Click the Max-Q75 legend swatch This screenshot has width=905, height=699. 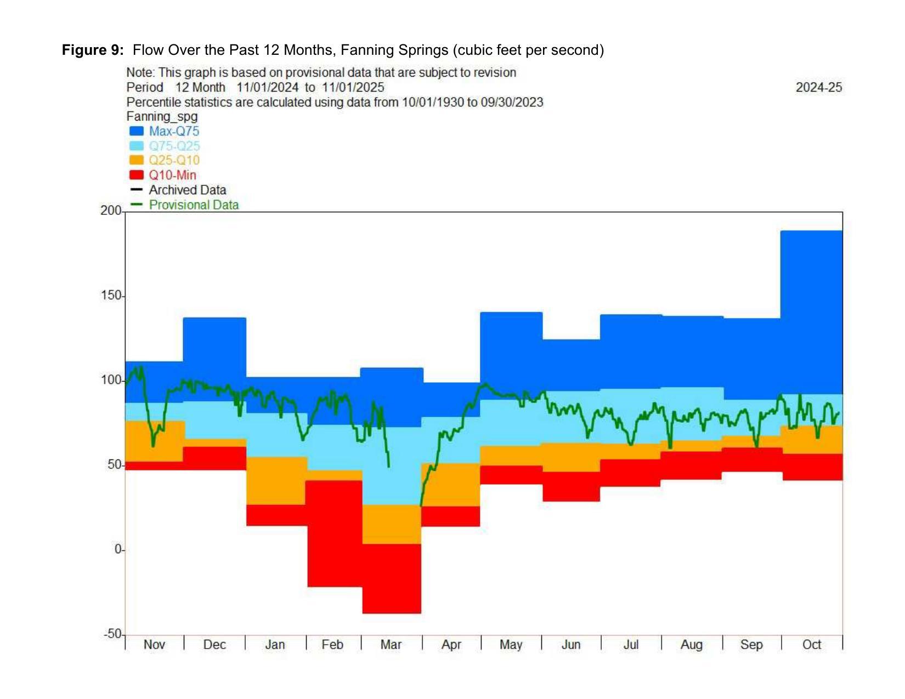coord(136,131)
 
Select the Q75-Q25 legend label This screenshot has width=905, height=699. coord(174,146)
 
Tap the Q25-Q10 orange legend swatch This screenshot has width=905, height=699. coord(136,160)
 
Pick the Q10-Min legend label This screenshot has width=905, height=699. coord(172,175)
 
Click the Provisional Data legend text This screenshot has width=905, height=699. coord(194,204)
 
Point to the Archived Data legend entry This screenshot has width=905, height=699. coord(187,190)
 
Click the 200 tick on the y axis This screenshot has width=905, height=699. coord(111,211)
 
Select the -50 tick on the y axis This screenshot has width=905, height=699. coord(112,634)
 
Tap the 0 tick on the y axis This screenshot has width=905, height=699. coord(118,549)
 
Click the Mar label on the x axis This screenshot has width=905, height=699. coord(391,645)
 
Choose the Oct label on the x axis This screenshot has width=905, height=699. coord(812,645)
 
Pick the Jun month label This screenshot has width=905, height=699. coord(571,645)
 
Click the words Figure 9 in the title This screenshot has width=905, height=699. coord(92,50)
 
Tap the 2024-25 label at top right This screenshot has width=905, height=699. coord(819,87)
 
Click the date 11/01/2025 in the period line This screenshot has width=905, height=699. coord(353,87)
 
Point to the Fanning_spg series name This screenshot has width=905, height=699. coord(162,116)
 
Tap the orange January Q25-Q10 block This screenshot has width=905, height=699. coord(276,480)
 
